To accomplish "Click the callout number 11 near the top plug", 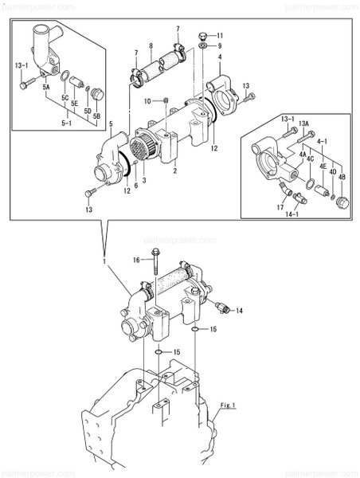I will [221, 36].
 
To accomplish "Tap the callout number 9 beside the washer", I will [219, 47].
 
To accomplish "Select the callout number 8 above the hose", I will [151, 47].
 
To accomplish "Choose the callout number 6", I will [135, 185].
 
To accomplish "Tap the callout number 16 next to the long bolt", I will [136, 261].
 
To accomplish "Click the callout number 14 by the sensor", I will [239, 310].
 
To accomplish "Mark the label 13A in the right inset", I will [304, 122].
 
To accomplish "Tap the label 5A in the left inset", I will [46, 85].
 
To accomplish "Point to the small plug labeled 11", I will [203, 35].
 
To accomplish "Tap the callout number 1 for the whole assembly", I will [103, 261].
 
